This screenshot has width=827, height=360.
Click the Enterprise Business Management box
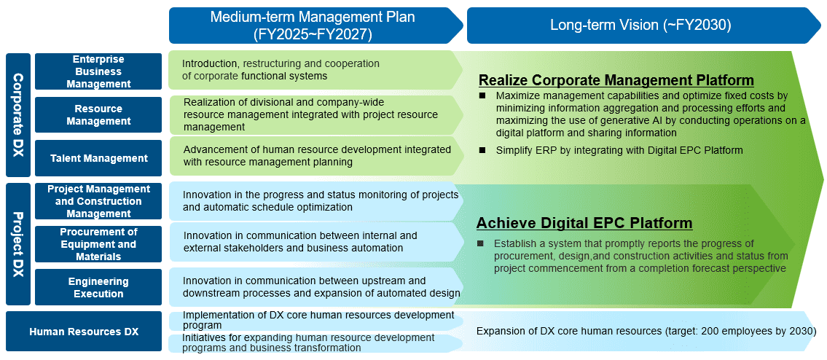click(98, 71)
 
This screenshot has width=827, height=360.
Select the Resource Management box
click(98, 114)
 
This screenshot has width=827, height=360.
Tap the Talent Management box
click(98, 158)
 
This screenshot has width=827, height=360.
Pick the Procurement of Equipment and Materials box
click(98, 244)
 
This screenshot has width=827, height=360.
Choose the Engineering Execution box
click(98, 287)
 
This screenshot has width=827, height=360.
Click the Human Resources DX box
click(84, 332)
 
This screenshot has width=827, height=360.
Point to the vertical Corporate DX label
click(18, 114)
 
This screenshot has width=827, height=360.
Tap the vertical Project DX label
click(18, 244)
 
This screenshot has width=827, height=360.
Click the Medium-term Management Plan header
click(316, 26)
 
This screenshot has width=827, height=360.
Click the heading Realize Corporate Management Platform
click(616, 80)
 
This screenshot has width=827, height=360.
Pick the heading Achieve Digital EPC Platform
click(584, 223)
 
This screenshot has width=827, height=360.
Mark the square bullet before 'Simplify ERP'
click(482, 150)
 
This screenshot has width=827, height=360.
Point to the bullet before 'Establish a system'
click(480, 243)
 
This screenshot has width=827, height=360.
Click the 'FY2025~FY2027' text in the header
click(313, 34)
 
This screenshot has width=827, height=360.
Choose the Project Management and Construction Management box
click(98, 201)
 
